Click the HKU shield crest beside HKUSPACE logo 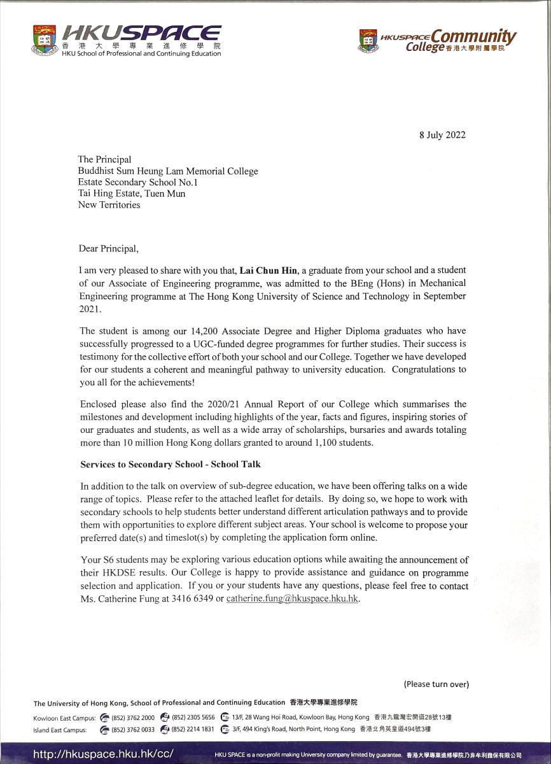click(44, 39)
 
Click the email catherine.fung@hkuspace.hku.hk click(293, 599)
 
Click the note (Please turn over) click(436, 684)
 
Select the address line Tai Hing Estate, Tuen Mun click(132, 194)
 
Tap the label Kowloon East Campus click(64, 718)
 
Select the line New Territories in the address click(109, 205)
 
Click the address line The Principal click(104, 159)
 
